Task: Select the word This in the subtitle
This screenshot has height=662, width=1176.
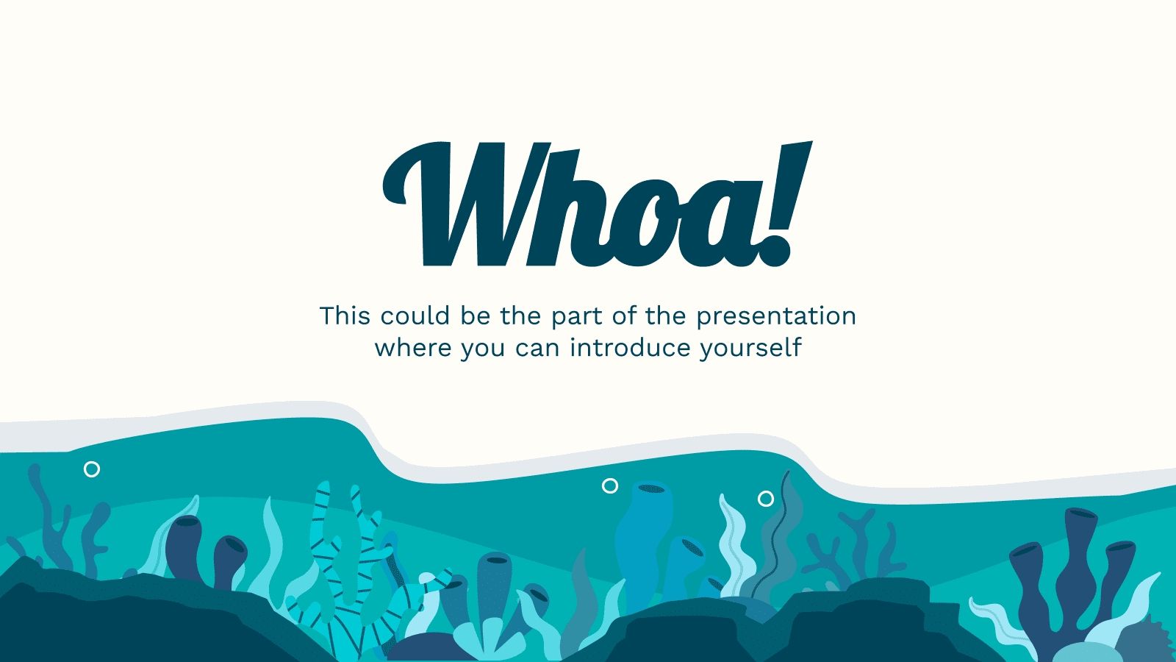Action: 345,316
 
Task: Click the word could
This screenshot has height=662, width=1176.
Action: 415,316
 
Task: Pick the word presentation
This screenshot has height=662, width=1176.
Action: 776,316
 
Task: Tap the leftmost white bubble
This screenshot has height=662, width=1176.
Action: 92,469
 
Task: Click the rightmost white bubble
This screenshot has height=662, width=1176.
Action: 766,499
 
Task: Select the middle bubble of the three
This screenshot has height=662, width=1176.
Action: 610,485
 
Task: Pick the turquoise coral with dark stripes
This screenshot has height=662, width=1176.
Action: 345,559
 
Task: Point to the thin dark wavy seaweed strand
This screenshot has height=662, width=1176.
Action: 781,530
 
